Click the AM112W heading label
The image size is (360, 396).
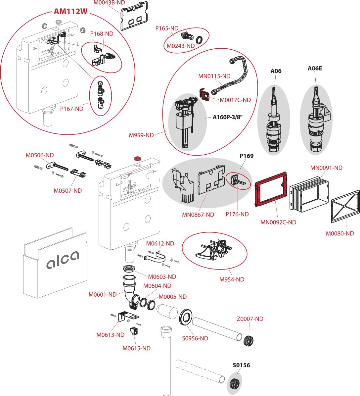(x=70, y=12)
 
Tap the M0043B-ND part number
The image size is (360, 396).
(x=109, y=2)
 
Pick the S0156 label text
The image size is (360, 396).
(x=241, y=365)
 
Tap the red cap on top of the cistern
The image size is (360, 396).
(x=136, y=158)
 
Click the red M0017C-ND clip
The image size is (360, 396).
(x=205, y=95)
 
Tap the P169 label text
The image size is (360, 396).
(x=247, y=156)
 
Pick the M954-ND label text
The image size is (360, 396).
(x=232, y=279)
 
